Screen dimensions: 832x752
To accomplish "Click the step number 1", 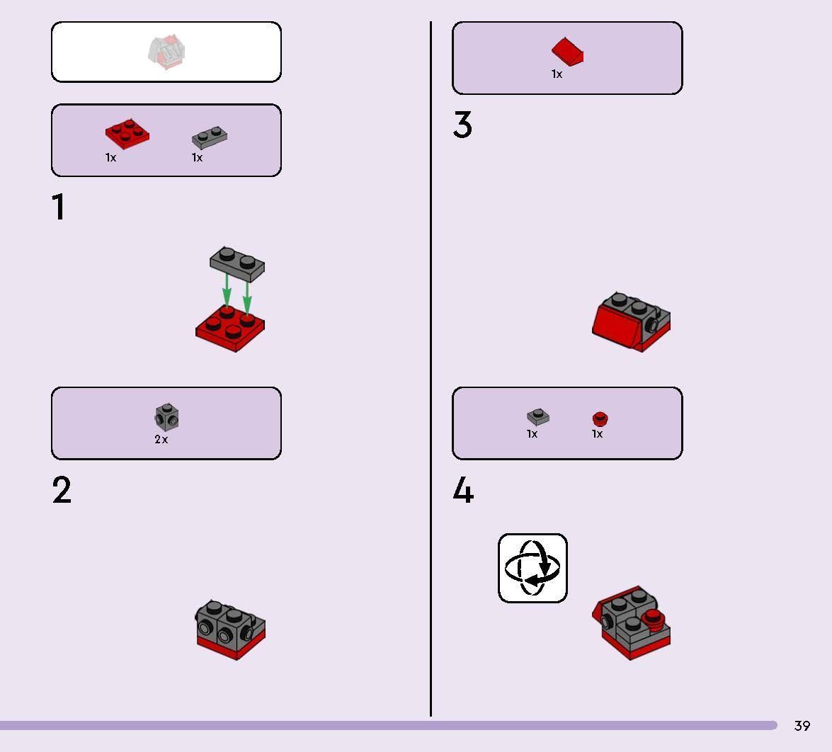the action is (x=59, y=207).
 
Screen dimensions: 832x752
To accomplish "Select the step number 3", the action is (x=462, y=125).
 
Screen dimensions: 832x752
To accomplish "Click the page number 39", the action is (x=802, y=726).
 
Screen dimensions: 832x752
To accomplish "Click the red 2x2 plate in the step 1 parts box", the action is (x=127, y=134).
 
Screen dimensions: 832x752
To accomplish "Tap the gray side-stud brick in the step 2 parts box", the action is (x=166, y=417).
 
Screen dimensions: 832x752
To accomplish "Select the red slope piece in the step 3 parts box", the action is (x=567, y=52).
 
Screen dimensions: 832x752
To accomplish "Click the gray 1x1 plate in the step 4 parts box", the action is (x=538, y=416).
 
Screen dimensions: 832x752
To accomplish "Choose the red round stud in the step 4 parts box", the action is (x=600, y=419).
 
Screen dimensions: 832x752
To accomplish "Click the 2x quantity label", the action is (x=161, y=440).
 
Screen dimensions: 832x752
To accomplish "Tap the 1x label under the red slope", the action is (x=557, y=74).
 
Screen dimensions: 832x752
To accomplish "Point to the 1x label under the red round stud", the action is (x=598, y=434).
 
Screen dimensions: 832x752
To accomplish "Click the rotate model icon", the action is (x=532, y=568).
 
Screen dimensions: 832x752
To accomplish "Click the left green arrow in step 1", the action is (x=227, y=291).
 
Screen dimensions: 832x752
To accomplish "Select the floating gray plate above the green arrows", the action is (x=237, y=263).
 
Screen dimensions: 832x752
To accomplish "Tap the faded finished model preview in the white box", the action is (x=167, y=52).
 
